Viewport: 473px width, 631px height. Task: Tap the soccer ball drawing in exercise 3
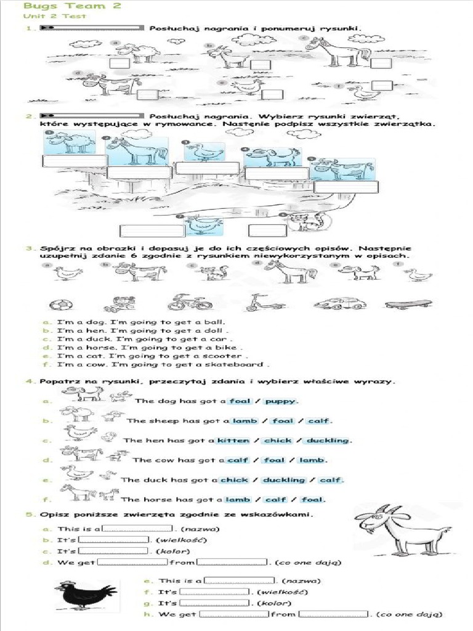[60, 304]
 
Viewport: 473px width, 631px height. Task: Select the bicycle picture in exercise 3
[181, 302]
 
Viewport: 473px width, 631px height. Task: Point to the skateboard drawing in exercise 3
[408, 304]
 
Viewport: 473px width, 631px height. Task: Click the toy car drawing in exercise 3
[339, 303]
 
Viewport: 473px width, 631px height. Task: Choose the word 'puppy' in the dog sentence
[280, 401]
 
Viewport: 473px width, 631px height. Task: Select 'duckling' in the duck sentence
[284, 480]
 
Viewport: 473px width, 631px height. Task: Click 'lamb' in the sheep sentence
[245, 421]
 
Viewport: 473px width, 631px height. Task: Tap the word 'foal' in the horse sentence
[314, 500]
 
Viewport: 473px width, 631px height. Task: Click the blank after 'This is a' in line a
[139, 528]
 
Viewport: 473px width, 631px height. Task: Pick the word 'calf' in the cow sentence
[237, 460]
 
